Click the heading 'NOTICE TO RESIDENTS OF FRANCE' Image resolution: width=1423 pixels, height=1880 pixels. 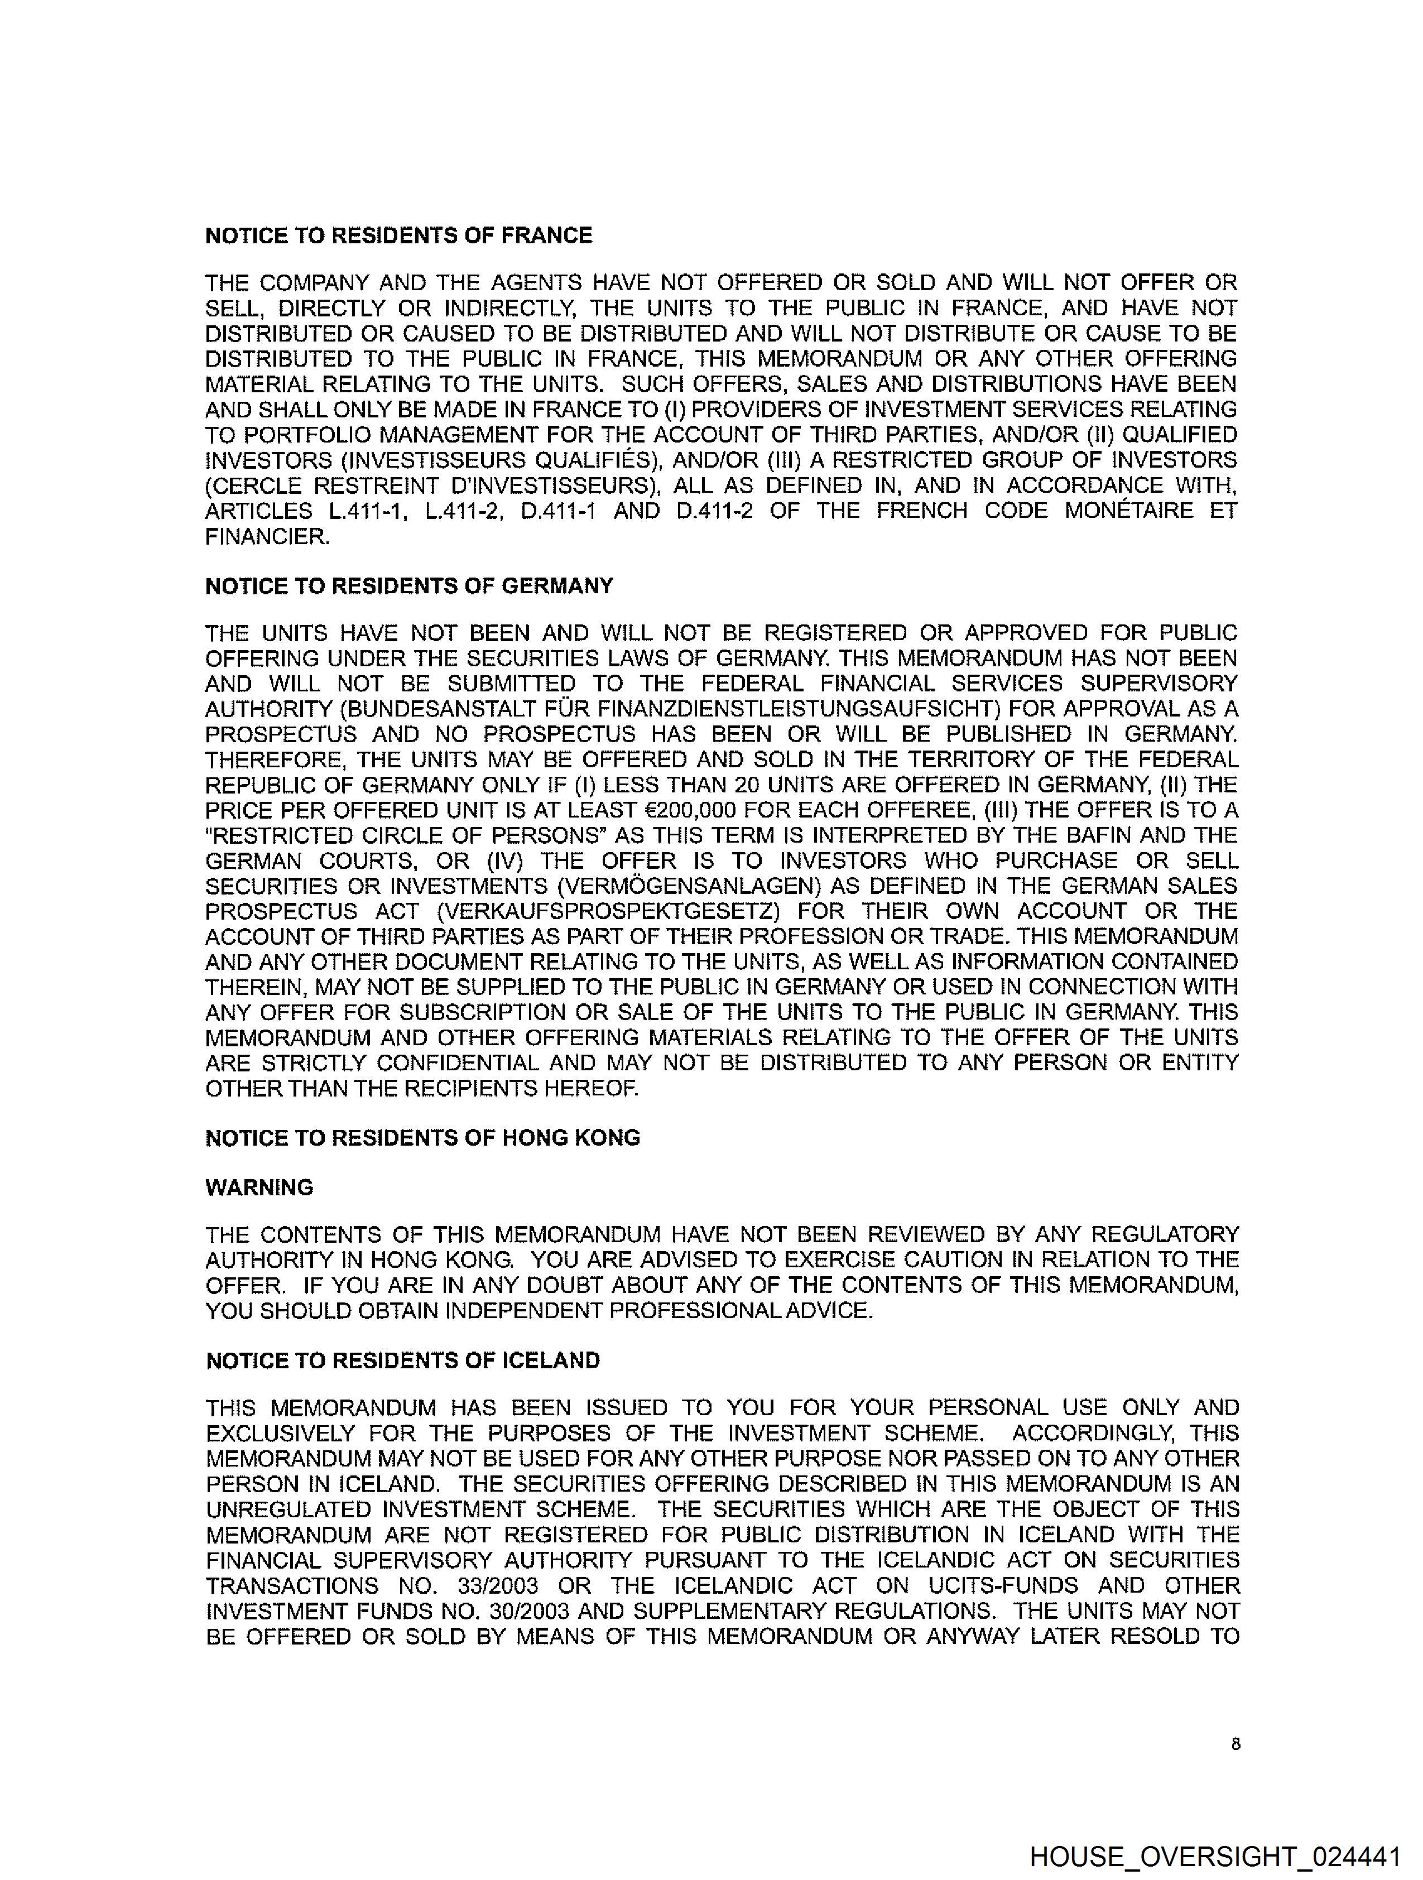(398, 235)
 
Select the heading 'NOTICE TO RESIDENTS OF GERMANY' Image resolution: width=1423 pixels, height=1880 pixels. (409, 586)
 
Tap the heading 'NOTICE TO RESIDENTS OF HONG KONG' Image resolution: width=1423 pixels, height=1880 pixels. (422, 1138)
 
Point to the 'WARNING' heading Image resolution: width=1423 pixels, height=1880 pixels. (259, 1187)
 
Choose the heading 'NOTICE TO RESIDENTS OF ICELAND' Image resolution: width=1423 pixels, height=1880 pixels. (403, 1360)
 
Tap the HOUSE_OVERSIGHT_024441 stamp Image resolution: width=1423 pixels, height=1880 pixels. (1215, 1855)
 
